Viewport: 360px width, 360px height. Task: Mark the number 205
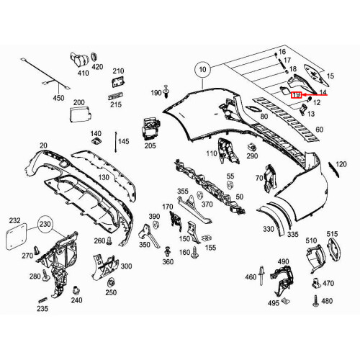coord(150,146)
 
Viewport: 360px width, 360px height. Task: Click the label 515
coord(332,235)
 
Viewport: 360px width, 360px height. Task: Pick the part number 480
coord(327,301)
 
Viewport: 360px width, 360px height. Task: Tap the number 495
coord(274,303)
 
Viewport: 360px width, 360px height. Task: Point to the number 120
coord(341,165)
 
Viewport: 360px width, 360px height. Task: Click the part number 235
coord(42,308)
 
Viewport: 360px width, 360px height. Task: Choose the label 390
coord(154,216)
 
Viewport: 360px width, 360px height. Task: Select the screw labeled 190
coord(166,91)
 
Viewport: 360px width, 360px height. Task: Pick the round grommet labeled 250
coord(110,281)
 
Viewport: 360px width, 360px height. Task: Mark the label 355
coord(183,191)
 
